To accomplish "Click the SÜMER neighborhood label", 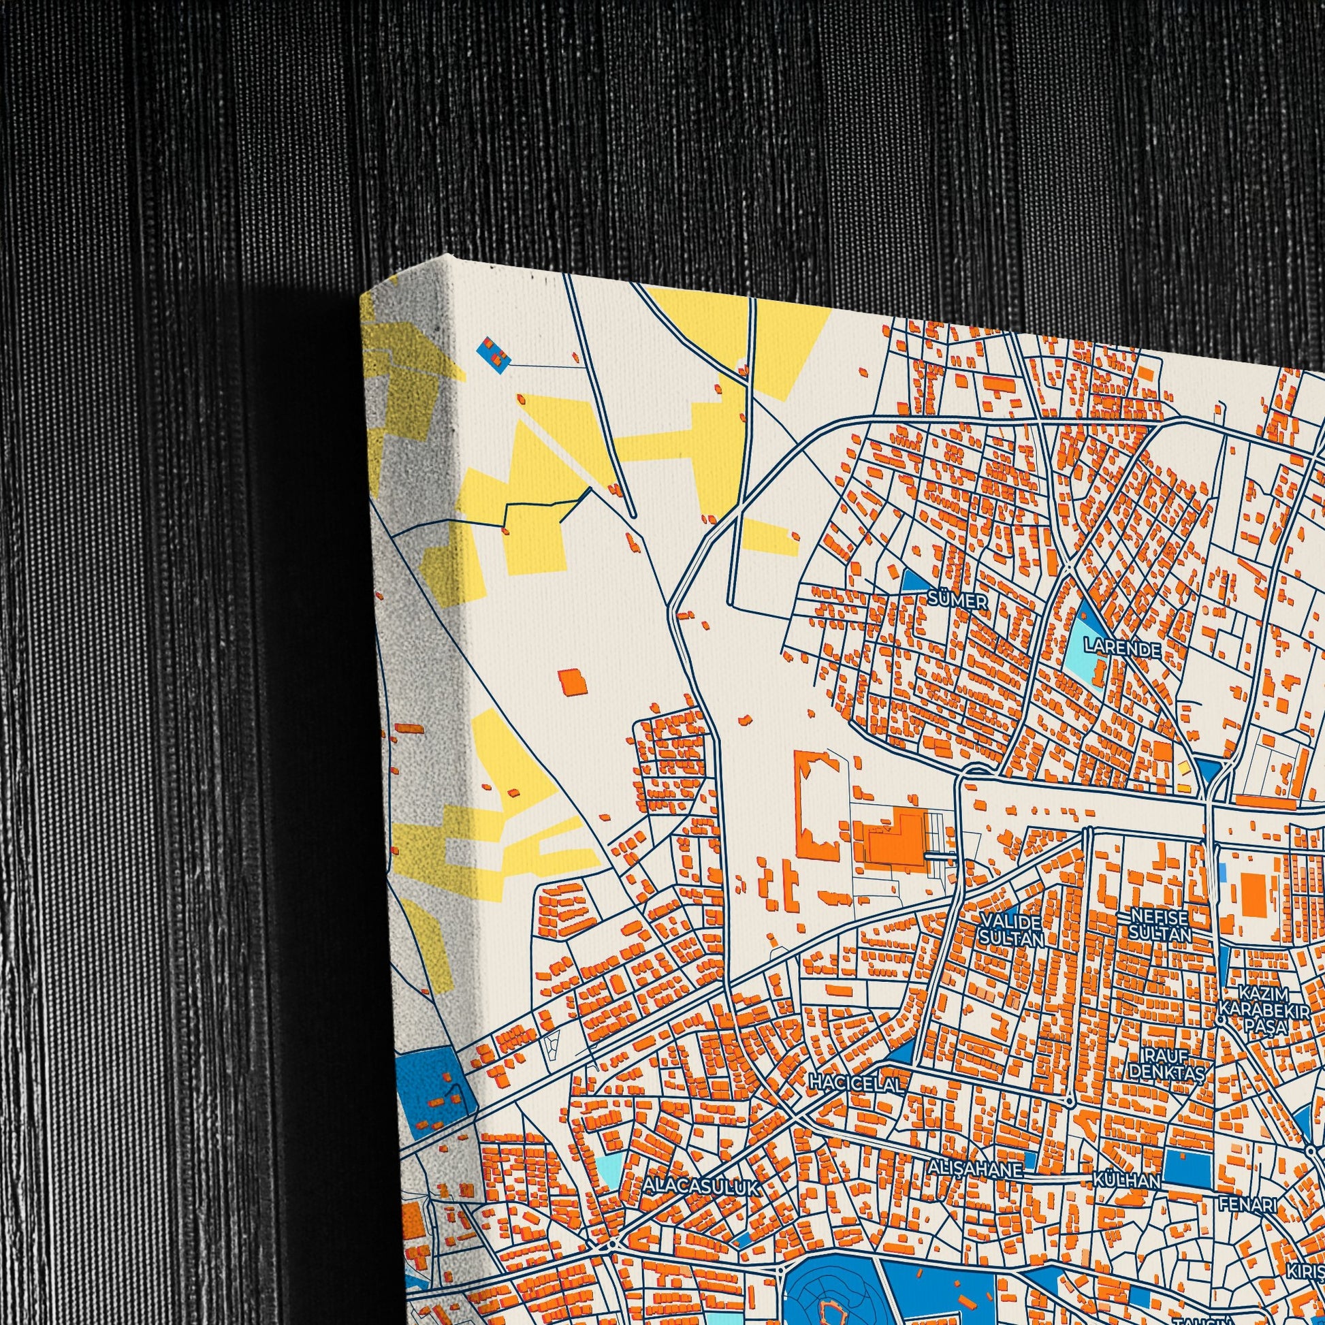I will [x=958, y=601].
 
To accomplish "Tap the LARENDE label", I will [x=1121, y=648].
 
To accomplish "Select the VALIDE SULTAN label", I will [x=1012, y=929].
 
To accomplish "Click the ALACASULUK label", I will [x=701, y=1187].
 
